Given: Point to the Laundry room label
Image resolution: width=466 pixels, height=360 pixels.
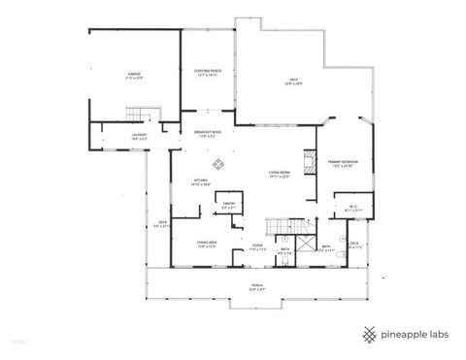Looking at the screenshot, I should pyautogui.click(x=139, y=135).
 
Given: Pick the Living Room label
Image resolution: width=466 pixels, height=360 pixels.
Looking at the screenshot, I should pyautogui.click(x=281, y=176).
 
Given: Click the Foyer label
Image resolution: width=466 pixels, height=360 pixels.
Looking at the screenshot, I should pyautogui.click(x=257, y=246).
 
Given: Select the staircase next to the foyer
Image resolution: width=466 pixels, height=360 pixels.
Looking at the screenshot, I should pyautogui.click(x=283, y=227).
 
